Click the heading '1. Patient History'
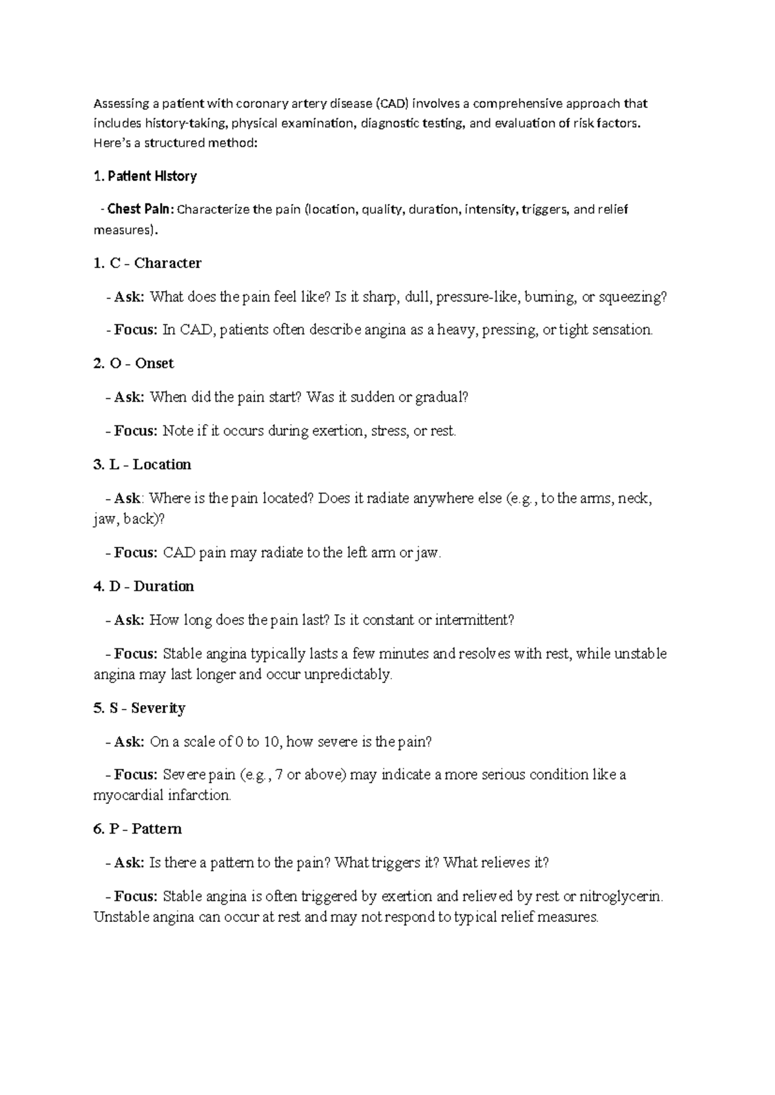[145, 176]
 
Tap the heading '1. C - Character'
[147, 263]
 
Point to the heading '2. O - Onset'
[134, 363]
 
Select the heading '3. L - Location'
[142, 465]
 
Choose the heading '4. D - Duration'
[143, 586]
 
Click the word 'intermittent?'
[475, 620]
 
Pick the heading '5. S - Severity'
[139, 708]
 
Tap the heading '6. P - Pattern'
[138, 829]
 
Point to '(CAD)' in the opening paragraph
[392, 103]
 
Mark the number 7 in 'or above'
[278, 775]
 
